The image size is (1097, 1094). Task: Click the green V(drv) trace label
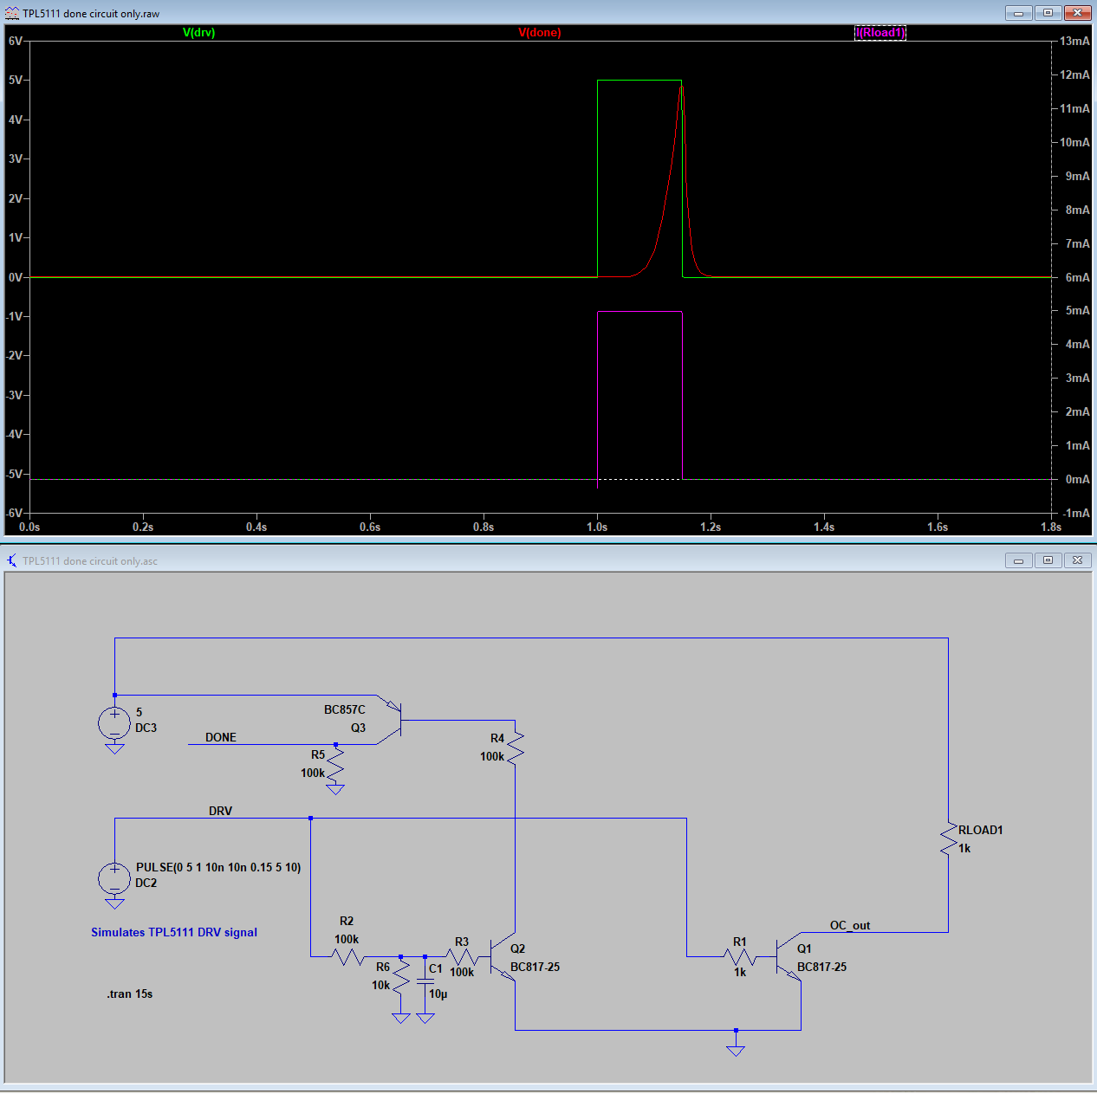pos(198,32)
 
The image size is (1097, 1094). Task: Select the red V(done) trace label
pos(539,32)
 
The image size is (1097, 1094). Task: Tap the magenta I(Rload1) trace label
pos(880,32)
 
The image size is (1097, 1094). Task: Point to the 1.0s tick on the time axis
pos(597,527)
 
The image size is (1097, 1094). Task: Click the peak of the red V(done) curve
pos(681,87)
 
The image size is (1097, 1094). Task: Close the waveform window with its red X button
pos(1077,12)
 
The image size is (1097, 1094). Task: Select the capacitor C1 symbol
pos(425,981)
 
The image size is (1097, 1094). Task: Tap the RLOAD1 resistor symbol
pos(949,839)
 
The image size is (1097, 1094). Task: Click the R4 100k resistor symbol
pos(516,748)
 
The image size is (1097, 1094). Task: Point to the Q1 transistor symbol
pos(789,957)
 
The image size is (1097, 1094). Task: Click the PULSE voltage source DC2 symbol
pos(114,878)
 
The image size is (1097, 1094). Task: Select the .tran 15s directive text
pos(130,994)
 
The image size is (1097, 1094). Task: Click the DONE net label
pos(220,737)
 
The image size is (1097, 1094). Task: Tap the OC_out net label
pos(850,925)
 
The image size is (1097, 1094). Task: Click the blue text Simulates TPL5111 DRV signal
pos(174,932)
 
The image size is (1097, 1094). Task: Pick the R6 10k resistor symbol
pos(401,975)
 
